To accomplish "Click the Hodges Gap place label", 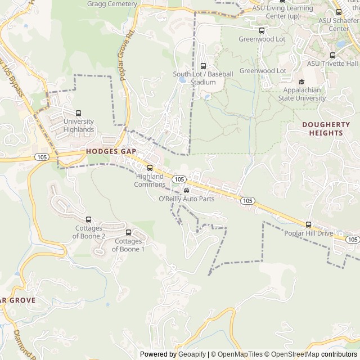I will [x=111, y=151].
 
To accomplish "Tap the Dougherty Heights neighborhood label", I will [x=322, y=129].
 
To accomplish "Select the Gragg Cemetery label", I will [x=112, y=4].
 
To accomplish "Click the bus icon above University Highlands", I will [x=78, y=113].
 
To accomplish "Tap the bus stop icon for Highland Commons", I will [x=150, y=168].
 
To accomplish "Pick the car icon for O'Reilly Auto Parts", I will [x=187, y=190].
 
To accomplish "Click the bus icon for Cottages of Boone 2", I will [x=88, y=219].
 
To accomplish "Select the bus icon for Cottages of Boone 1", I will [x=129, y=232].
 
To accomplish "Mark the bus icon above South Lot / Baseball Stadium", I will [x=203, y=66].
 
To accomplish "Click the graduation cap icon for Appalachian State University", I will [x=309, y=81].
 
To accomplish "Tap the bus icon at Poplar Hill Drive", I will [x=309, y=224].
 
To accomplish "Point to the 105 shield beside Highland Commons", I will [x=179, y=179].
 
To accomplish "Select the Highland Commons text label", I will [x=150, y=180].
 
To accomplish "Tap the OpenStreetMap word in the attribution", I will [x=292, y=354].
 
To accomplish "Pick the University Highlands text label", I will [x=79, y=125].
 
